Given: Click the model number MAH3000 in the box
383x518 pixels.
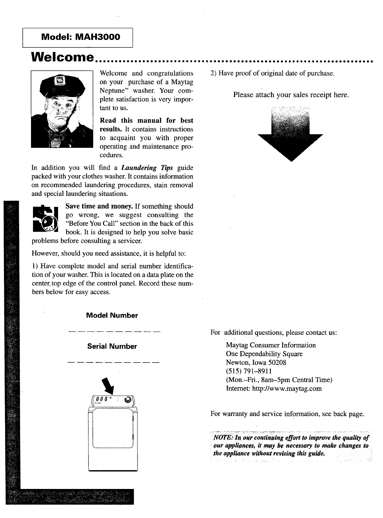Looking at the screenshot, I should [x=98, y=37].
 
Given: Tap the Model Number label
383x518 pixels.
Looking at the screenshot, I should [x=112, y=315].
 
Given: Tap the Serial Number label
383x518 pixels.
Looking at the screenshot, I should [x=112, y=346].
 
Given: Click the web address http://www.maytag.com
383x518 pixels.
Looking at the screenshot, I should [x=287, y=389].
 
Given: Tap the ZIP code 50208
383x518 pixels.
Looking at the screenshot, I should [x=277, y=363].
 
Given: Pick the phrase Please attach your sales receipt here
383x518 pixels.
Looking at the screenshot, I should [x=291, y=95].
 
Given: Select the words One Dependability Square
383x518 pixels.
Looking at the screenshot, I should [x=264, y=354].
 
